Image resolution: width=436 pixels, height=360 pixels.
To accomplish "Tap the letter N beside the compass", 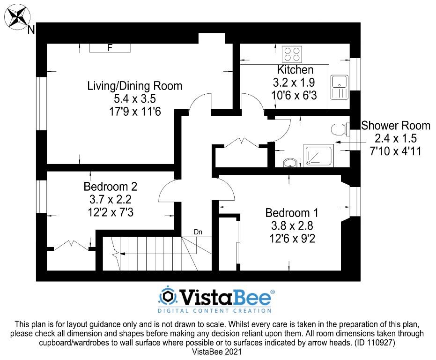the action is pos(31,30).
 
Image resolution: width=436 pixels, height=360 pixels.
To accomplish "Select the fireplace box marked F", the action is pos(110,48).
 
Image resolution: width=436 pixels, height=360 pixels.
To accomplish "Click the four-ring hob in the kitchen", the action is pos(292,54).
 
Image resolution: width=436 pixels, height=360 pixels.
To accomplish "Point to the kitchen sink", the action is pos(339,87).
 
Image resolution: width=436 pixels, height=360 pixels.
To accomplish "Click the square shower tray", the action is pos(318,155).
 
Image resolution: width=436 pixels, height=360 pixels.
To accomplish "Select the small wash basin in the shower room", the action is pos(290,163).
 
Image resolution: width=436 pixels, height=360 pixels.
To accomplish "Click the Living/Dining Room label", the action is pos(135,86).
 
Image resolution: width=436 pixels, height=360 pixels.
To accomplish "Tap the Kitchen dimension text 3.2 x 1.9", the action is pos(294,82).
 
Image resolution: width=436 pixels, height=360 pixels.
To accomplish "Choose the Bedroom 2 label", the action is pos(111,187).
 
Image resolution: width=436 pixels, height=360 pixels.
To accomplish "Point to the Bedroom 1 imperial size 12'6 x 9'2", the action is pos(292,239).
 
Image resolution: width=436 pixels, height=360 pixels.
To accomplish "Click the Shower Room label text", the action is pos(395,126).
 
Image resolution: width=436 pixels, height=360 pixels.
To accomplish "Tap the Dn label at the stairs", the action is pos(198,232).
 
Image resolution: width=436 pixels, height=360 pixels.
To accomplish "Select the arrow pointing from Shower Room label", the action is pos(347,142).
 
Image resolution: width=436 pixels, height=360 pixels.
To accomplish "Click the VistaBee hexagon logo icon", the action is pos(168,297).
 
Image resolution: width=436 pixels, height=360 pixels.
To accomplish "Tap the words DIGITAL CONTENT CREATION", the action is pos(214,311).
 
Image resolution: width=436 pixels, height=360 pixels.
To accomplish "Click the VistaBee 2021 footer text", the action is pos(217,352).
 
